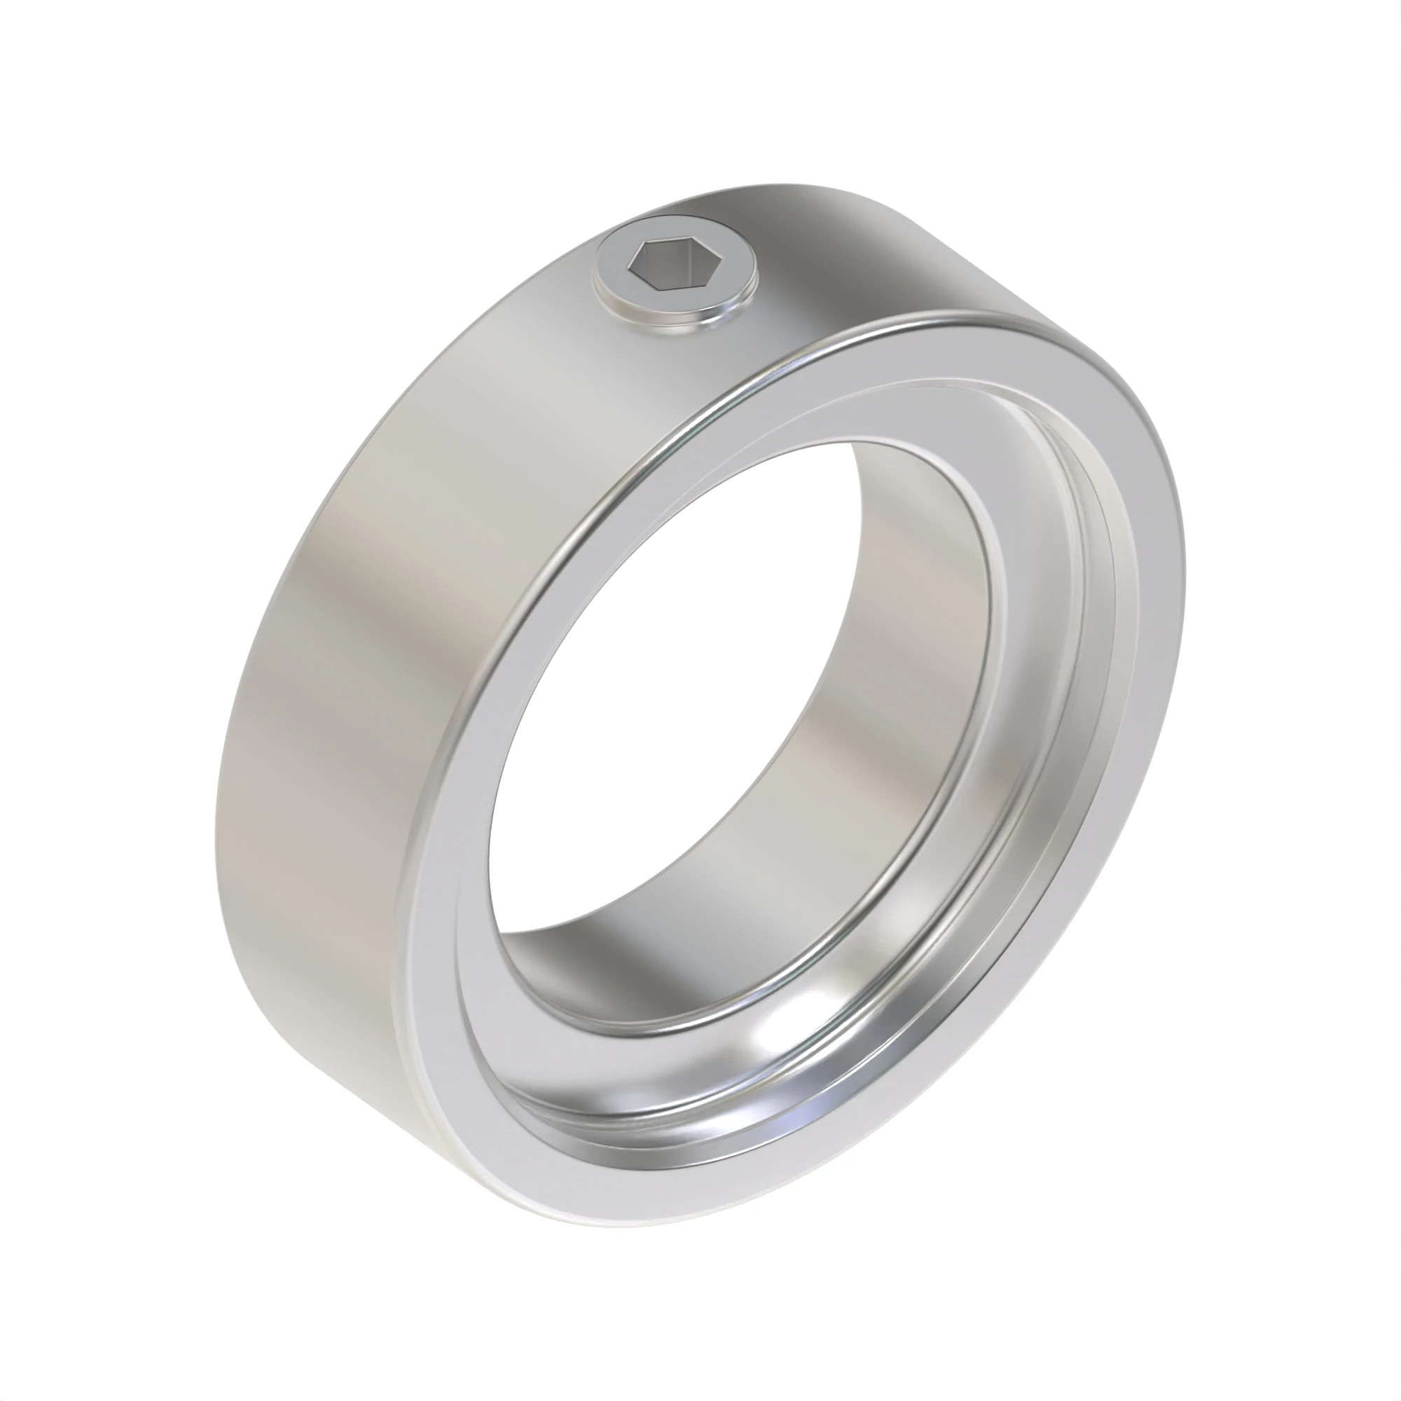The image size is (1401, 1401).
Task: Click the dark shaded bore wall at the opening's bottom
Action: (x=580, y=965)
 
